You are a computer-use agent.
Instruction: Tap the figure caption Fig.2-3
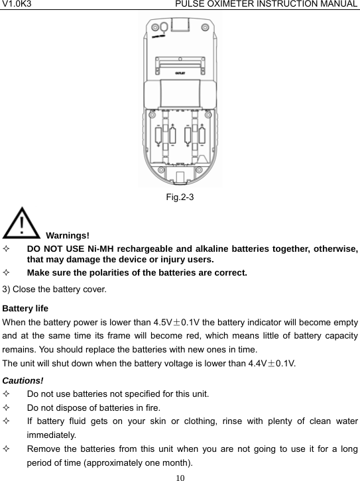180,197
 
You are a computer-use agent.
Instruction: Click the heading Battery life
25,308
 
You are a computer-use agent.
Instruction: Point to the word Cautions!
23,380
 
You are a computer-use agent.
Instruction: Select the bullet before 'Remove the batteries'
7,449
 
